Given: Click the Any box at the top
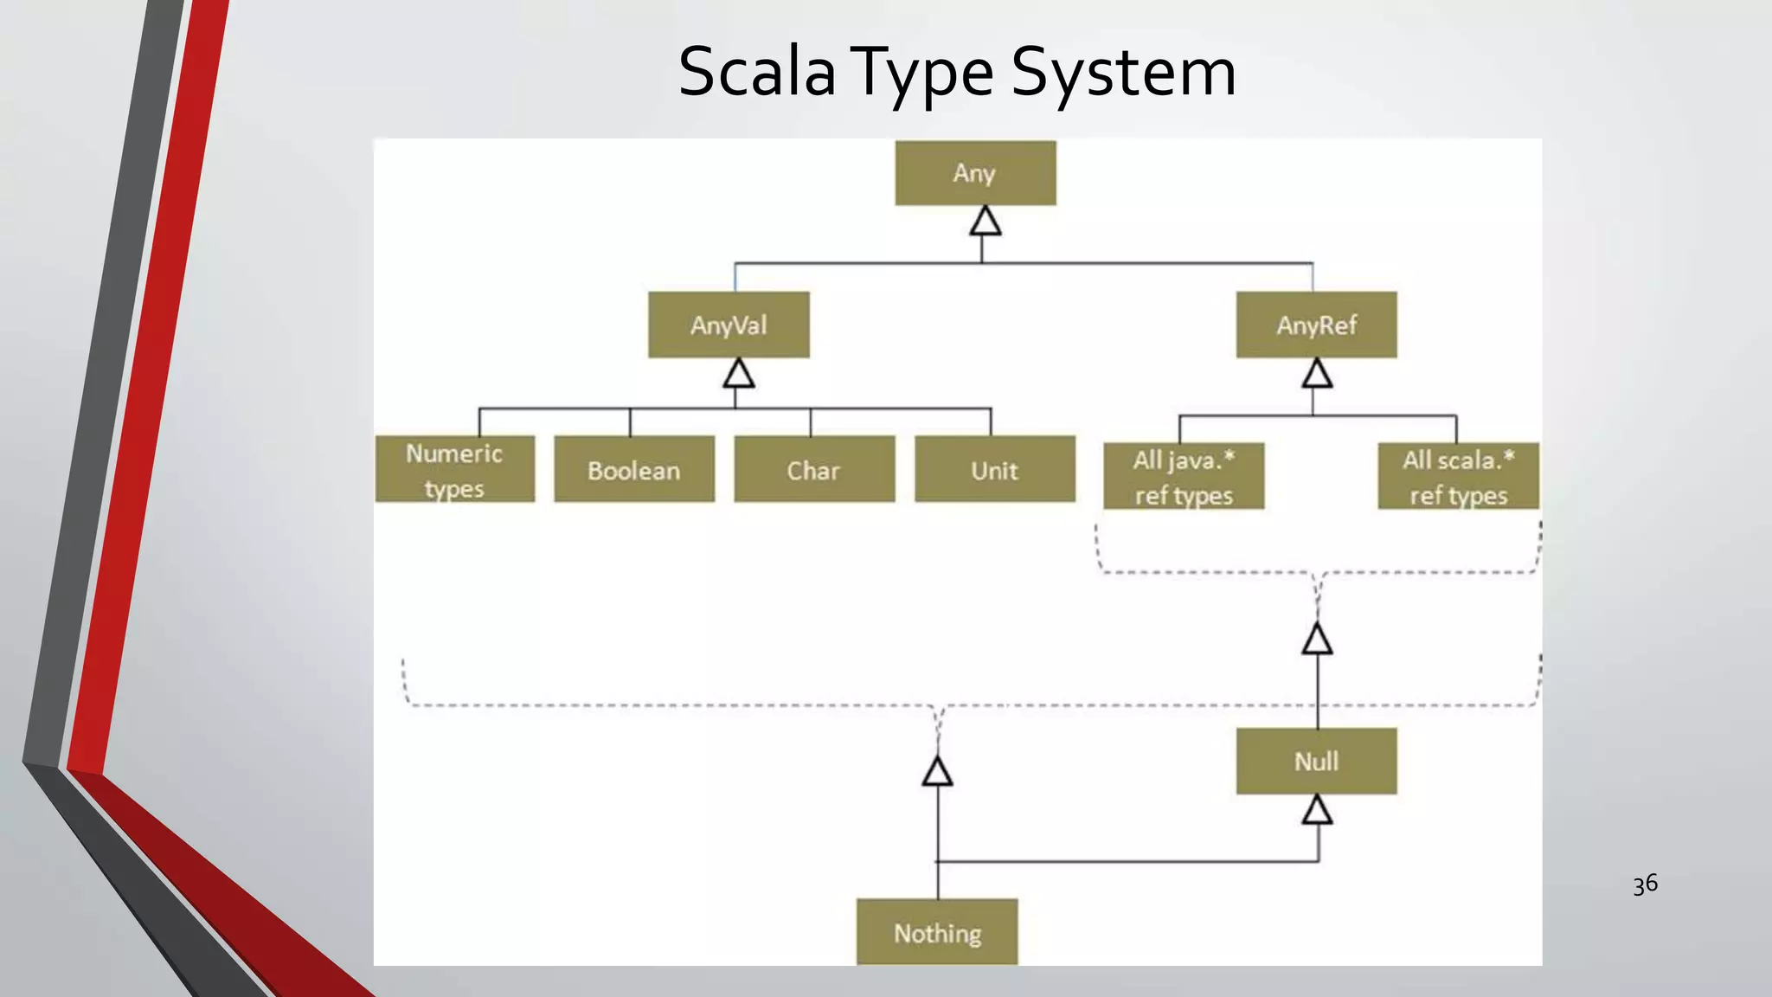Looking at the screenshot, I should [975, 173].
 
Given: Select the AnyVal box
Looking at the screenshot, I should [729, 325].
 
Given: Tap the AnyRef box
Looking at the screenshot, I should [1316, 325].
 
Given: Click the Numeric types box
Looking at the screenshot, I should [454, 469].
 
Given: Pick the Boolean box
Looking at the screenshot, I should [634, 469].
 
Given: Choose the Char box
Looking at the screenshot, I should [814, 469].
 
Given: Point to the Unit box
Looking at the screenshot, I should [995, 469].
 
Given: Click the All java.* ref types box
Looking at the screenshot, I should [1184, 476].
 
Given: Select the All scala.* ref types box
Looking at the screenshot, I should [1458, 476].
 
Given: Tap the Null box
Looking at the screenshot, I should [1316, 761].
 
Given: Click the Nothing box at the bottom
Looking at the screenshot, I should [937, 932].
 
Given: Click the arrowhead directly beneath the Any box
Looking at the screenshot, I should [985, 222].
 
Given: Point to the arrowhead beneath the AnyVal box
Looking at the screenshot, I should [738, 374].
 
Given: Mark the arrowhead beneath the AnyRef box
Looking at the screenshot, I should [1317, 374].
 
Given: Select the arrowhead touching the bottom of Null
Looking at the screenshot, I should [1317, 811].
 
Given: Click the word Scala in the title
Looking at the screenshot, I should [756, 72].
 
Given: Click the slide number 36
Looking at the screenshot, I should [1645, 884].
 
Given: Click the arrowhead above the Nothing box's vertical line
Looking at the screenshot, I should [937, 771].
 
